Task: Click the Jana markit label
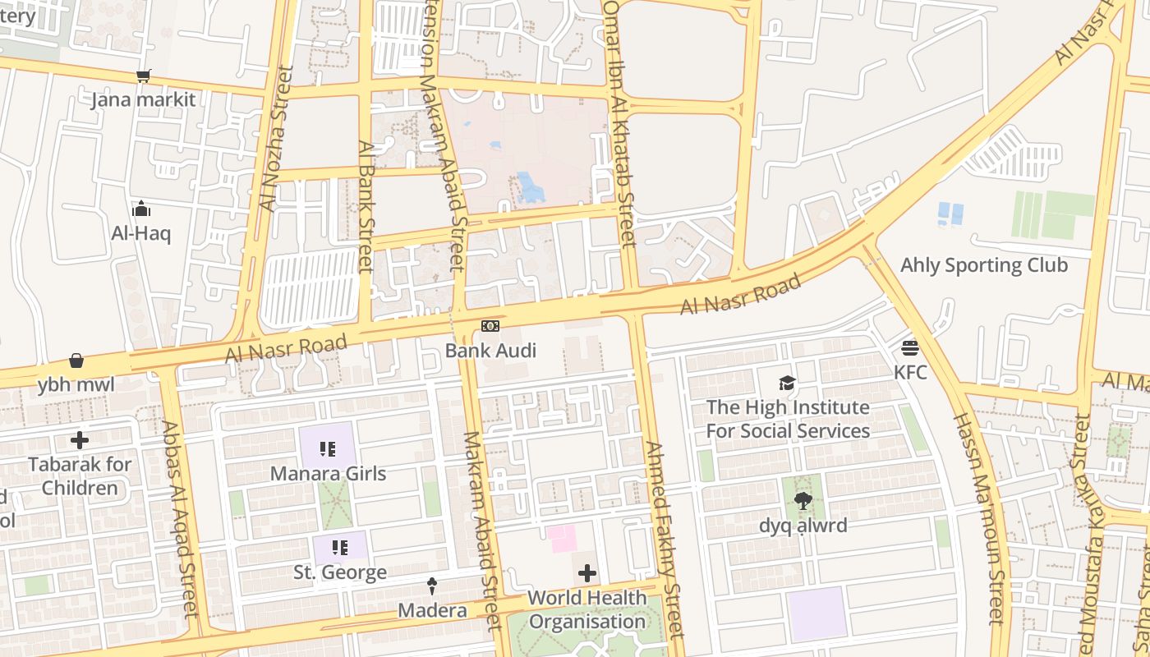[x=144, y=100]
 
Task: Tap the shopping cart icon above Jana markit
[x=144, y=76]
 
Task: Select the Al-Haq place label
[x=141, y=233]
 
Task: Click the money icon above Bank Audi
[x=490, y=327]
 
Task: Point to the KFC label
[x=910, y=372]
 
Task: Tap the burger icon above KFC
[x=909, y=347]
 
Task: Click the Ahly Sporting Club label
[x=984, y=265]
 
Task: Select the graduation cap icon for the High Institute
[x=788, y=383]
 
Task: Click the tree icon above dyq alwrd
[x=803, y=500]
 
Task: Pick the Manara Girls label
[x=328, y=474]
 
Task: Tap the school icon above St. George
[x=339, y=547]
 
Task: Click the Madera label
[x=432, y=611]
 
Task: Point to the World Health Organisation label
[x=586, y=609]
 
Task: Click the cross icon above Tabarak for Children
[x=80, y=440]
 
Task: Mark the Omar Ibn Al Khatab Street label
[x=620, y=123]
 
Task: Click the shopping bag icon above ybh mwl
[x=76, y=361]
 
